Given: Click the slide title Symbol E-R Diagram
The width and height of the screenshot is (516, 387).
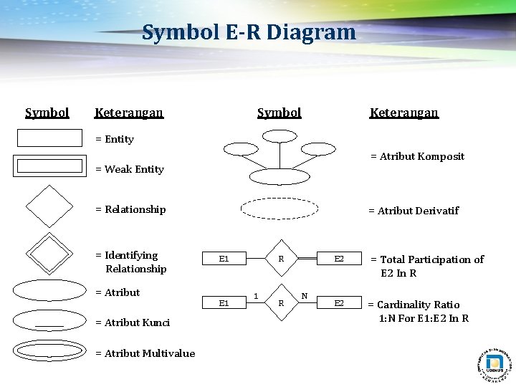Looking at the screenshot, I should pos(249,32).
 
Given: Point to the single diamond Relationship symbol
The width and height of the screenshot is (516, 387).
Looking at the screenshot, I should pos(49,206).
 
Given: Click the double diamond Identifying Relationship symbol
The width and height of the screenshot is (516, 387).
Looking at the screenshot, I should pos(49,252).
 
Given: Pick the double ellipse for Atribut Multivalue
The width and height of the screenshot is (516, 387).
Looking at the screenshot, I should pos(49,350).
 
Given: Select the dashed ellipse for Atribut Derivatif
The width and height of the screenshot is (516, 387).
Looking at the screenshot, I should pos(279,208).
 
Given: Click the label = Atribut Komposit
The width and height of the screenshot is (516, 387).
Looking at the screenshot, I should pos(417,156).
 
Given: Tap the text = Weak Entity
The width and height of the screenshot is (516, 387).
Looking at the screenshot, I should pos(130,169).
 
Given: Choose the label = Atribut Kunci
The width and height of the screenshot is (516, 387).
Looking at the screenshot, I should pos(133,322).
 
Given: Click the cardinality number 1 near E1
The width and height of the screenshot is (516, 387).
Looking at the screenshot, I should pos(256,295).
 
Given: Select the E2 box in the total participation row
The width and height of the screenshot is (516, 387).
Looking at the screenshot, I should pos(339,259).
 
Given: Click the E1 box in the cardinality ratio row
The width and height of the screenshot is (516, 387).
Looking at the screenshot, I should pos(224,304).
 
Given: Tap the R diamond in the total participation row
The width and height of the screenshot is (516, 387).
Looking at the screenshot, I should pos(282,259).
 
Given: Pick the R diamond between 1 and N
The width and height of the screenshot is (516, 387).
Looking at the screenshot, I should pos(282,304).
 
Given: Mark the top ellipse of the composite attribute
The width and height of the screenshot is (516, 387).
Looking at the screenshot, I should pos(279,135).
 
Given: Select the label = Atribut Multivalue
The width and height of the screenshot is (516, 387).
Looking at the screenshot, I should pos(145,353).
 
